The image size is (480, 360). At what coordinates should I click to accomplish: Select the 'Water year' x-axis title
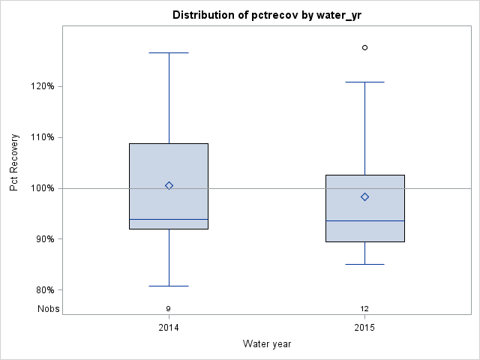tap(267, 344)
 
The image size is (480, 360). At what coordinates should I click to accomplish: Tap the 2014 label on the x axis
tap(169, 328)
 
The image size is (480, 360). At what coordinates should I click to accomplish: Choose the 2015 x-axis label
tap(364, 328)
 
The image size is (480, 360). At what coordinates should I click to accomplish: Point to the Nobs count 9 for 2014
tap(169, 308)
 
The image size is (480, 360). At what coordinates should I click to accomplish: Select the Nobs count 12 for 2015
tap(364, 308)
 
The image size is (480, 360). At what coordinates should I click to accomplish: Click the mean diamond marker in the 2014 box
tap(169, 185)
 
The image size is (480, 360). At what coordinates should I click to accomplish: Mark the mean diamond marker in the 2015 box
tap(364, 196)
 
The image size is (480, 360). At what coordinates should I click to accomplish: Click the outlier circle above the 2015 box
tap(364, 47)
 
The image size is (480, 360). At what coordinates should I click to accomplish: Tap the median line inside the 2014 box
tap(169, 220)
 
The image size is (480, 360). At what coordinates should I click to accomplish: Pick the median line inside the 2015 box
tap(364, 221)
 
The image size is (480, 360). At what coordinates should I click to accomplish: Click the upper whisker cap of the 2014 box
tap(169, 53)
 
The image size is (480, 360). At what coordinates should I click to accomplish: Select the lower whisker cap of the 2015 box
tap(364, 265)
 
